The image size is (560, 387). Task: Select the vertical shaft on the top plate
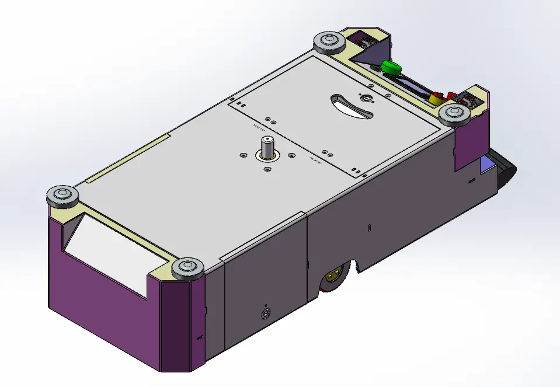tap(267, 145)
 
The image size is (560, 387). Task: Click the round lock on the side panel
tap(266, 313)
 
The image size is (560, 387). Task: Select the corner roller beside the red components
tap(455, 114)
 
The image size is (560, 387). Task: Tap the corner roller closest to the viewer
tap(187, 270)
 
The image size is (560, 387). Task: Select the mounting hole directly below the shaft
tap(267, 169)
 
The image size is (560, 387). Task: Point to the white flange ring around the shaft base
tap(267, 156)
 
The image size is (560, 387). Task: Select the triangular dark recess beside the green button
tap(366, 56)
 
